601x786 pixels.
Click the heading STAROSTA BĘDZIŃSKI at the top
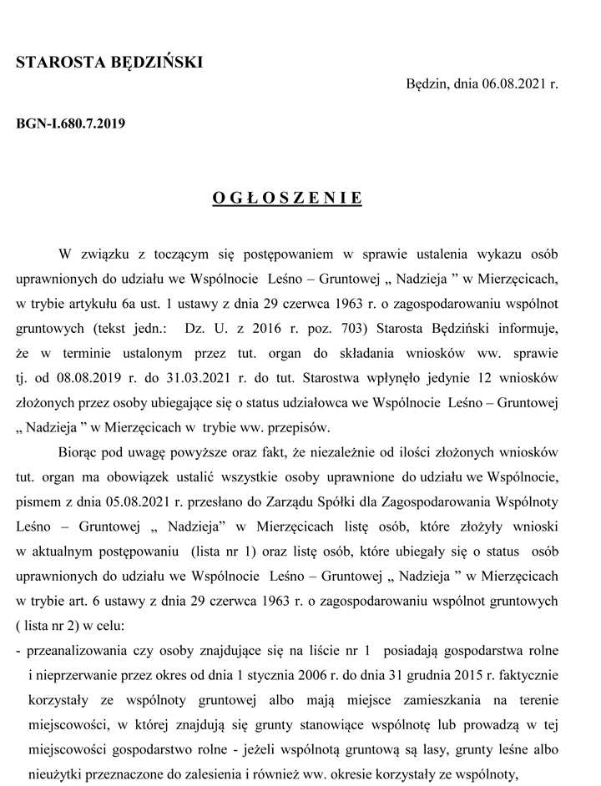point(109,62)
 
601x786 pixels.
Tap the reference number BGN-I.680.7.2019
point(70,124)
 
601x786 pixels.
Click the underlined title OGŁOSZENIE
point(287,199)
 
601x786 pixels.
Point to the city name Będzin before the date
point(426,84)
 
